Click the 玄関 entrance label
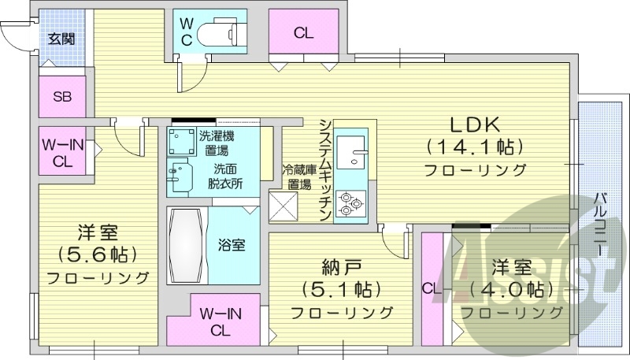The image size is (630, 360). (x=61, y=38)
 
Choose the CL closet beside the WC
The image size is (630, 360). (x=303, y=33)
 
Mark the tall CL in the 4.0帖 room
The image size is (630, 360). (x=431, y=288)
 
